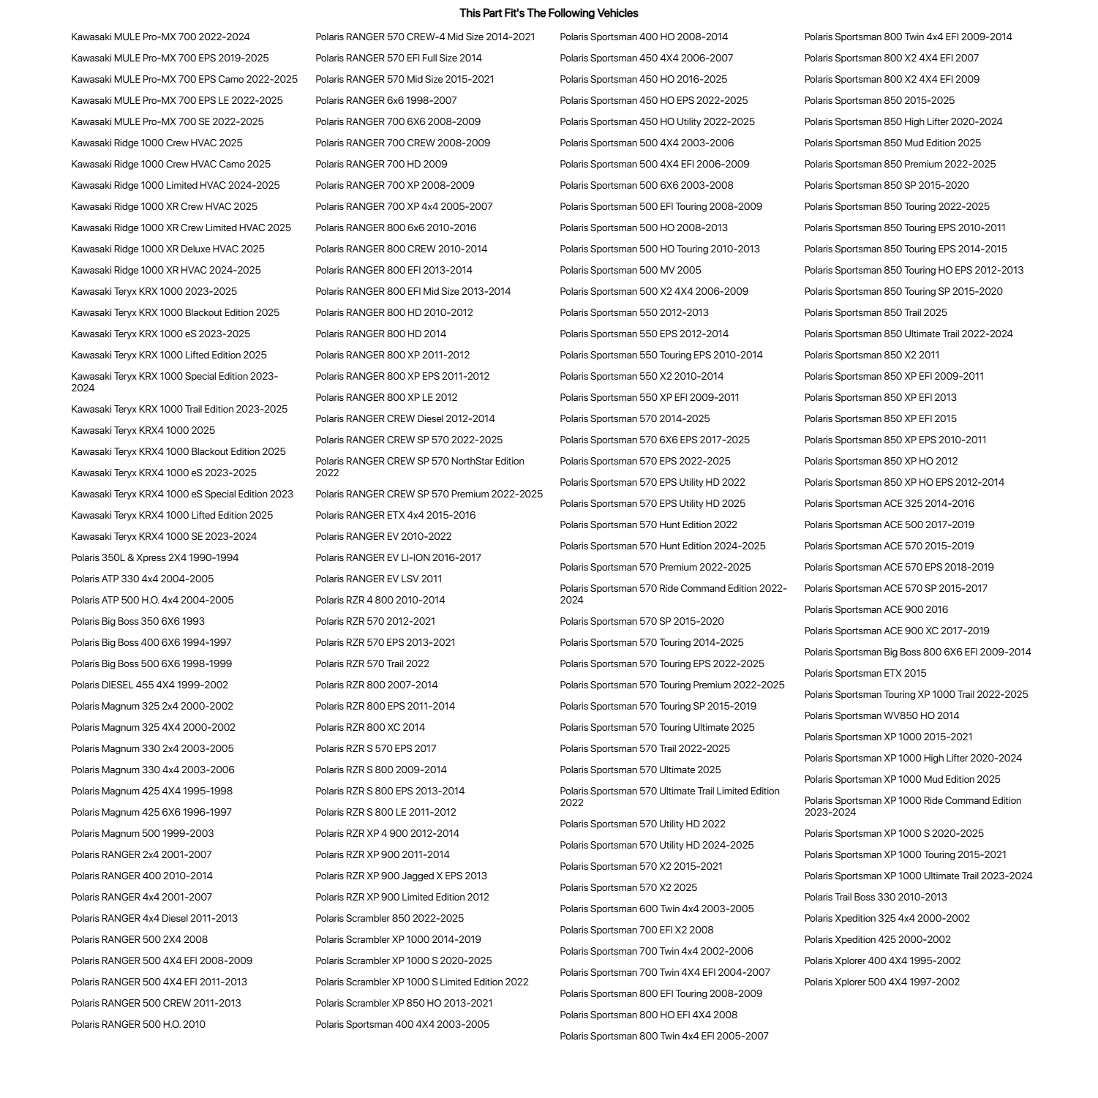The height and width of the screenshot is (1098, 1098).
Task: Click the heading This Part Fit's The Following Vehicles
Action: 549,13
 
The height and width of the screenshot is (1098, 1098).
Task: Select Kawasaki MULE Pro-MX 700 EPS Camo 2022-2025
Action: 184,79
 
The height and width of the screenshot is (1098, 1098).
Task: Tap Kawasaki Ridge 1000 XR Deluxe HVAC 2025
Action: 168,249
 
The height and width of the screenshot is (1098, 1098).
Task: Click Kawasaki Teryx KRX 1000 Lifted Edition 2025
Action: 169,355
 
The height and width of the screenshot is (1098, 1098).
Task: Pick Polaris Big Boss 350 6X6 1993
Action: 138,621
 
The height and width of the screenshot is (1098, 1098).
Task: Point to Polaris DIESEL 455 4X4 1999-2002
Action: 149,685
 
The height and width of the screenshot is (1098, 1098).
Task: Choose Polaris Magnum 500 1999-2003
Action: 142,833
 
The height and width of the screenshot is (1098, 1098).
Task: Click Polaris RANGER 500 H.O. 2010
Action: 138,1024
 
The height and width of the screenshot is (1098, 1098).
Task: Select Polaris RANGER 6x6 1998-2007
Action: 386,100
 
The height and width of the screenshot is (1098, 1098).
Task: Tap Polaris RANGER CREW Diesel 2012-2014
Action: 405,418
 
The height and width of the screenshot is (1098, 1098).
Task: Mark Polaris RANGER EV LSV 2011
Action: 379,579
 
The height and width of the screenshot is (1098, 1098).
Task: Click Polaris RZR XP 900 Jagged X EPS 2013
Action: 401,876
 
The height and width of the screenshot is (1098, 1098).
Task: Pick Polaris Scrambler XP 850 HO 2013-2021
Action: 404,1003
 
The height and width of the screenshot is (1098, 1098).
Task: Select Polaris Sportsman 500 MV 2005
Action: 631,270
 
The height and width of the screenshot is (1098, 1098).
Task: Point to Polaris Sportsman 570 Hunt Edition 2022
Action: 649,524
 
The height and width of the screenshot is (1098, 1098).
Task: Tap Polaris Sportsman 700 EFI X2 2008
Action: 636,930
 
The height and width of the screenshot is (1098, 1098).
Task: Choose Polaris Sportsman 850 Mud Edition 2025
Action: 892,143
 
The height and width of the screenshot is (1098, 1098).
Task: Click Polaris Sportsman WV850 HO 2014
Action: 881,715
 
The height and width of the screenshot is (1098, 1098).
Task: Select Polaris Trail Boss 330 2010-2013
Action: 876,897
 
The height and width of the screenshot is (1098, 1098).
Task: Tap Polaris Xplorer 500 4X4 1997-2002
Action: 882,982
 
